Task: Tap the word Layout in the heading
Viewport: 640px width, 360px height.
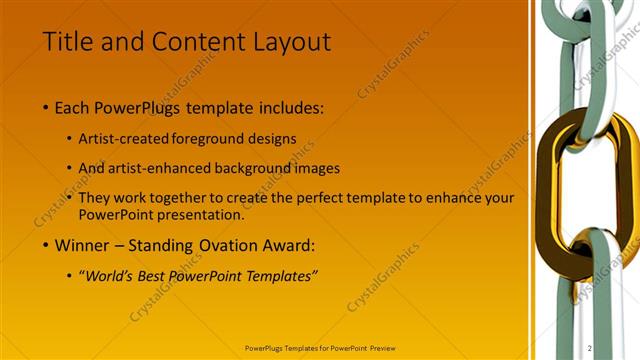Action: point(289,41)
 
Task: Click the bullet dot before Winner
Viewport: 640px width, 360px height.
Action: point(45,243)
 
